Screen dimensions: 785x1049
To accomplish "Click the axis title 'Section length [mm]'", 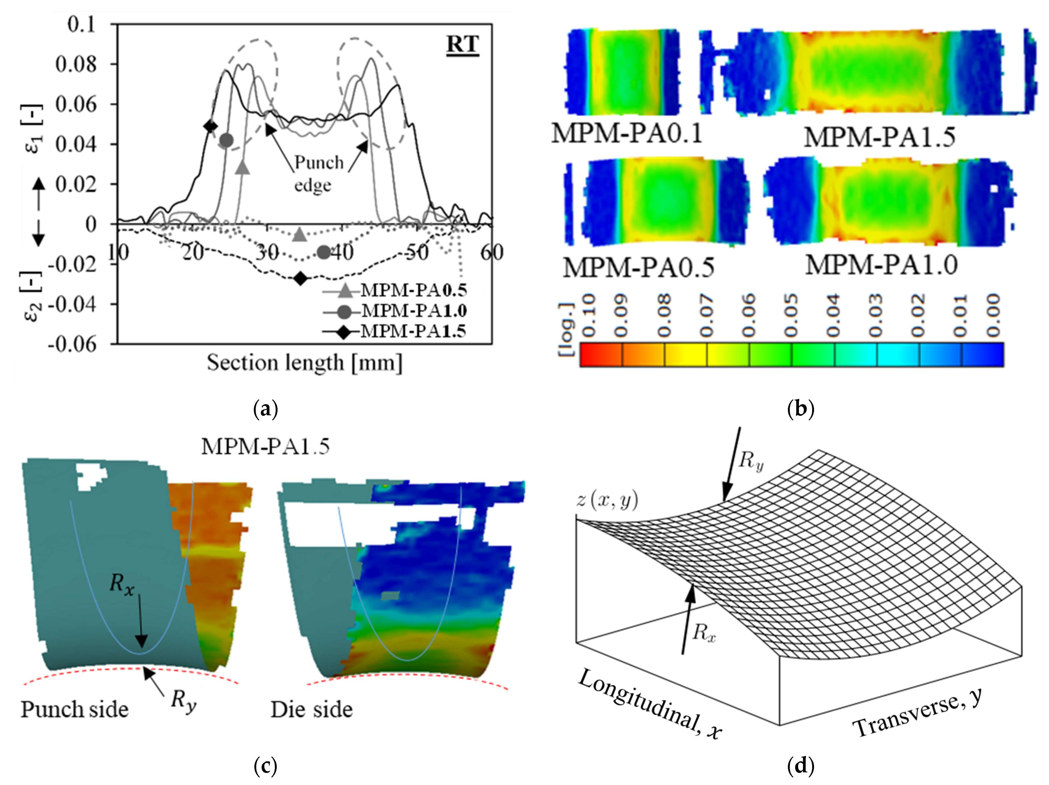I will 304,363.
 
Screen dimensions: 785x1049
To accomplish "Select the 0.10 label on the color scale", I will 588,316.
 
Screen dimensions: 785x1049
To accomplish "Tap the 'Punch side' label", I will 74,710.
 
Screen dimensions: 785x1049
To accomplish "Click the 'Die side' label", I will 311,710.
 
